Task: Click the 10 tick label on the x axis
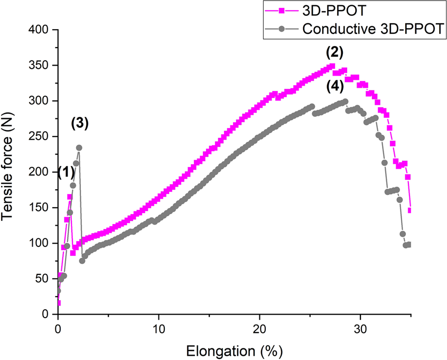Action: pos(159,328)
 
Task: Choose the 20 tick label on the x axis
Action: pos(259,328)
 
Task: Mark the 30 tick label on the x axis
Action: pos(360,328)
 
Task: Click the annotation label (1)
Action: pos(66,172)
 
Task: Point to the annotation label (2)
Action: pos(334,52)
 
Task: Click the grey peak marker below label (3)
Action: pos(79,148)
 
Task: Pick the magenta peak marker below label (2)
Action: pos(332,66)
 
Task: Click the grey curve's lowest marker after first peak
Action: pos(82,261)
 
